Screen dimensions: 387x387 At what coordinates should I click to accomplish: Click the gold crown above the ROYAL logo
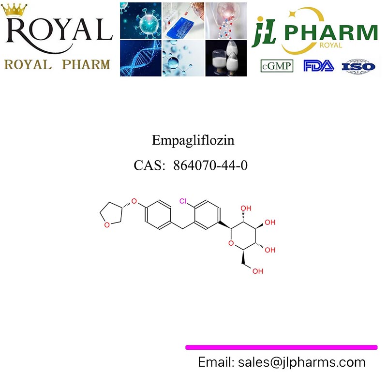14,10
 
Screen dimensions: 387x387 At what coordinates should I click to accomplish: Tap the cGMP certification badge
277,66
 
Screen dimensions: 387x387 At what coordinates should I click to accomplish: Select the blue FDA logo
319,66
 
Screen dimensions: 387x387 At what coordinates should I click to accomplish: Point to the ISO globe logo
358,66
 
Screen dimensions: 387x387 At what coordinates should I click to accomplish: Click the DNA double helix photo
141,58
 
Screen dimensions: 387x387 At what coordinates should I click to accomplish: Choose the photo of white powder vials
226,58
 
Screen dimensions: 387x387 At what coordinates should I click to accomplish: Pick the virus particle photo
141,20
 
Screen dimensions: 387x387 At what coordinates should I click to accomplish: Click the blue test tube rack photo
183,20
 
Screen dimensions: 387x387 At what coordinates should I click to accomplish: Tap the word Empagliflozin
193,140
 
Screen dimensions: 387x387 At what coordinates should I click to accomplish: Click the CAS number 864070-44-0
210,165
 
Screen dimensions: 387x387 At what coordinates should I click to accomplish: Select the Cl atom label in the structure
183,201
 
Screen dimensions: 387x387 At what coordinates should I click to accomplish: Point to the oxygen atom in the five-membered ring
107,225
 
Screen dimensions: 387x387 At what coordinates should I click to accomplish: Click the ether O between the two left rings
134,201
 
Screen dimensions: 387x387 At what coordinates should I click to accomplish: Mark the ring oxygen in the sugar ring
231,243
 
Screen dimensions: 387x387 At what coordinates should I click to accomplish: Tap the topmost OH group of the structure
246,208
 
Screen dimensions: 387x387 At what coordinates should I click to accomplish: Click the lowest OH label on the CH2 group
258,271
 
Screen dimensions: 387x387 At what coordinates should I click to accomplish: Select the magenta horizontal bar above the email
282,347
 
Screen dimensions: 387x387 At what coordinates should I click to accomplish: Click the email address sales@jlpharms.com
301,362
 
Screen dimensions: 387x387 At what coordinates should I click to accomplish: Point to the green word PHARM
331,32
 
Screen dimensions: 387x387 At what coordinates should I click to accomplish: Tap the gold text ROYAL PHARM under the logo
57,65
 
